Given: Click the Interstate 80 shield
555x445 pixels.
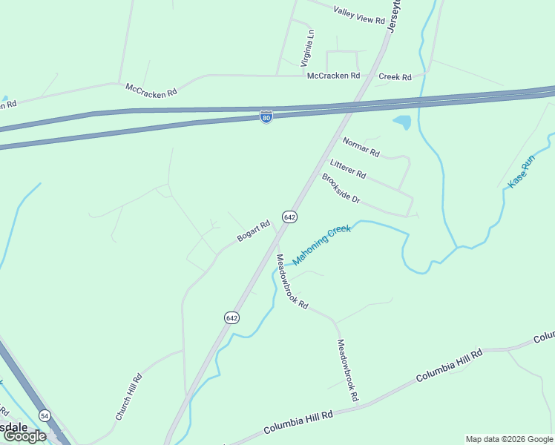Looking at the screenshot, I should pyautogui.click(x=266, y=116).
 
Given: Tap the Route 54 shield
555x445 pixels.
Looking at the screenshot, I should pyautogui.click(x=45, y=415).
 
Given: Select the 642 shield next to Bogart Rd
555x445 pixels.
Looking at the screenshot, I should pyautogui.click(x=289, y=217).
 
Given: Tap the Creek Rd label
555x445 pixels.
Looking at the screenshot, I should pyautogui.click(x=395, y=76).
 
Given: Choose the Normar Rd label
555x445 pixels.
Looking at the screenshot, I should pyautogui.click(x=361, y=147).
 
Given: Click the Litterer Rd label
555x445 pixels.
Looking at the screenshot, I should pyautogui.click(x=348, y=168).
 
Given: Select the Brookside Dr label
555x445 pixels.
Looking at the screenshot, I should pyautogui.click(x=341, y=189).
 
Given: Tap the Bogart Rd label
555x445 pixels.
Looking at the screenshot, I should pyautogui.click(x=253, y=231).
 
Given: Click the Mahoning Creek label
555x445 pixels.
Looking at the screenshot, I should pyautogui.click(x=321, y=245).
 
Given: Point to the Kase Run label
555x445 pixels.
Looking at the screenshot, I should pyautogui.click(x=521, y=171).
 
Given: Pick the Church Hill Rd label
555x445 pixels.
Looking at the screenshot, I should pyautogui.click(x=128, y=397).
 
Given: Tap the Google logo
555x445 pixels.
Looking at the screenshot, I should pyautogui.click(x=24, y=436).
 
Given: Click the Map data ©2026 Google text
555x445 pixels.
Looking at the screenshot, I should pyautogui.click(x=509, y=439).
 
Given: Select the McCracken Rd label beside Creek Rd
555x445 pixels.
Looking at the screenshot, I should pyautogui.click(x=333, y=76).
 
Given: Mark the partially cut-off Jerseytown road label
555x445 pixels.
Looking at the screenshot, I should pyautogui.click(x=393, y=15).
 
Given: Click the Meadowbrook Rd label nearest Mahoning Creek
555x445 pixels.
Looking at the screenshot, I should pyautogui.click(x=292, y=281).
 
